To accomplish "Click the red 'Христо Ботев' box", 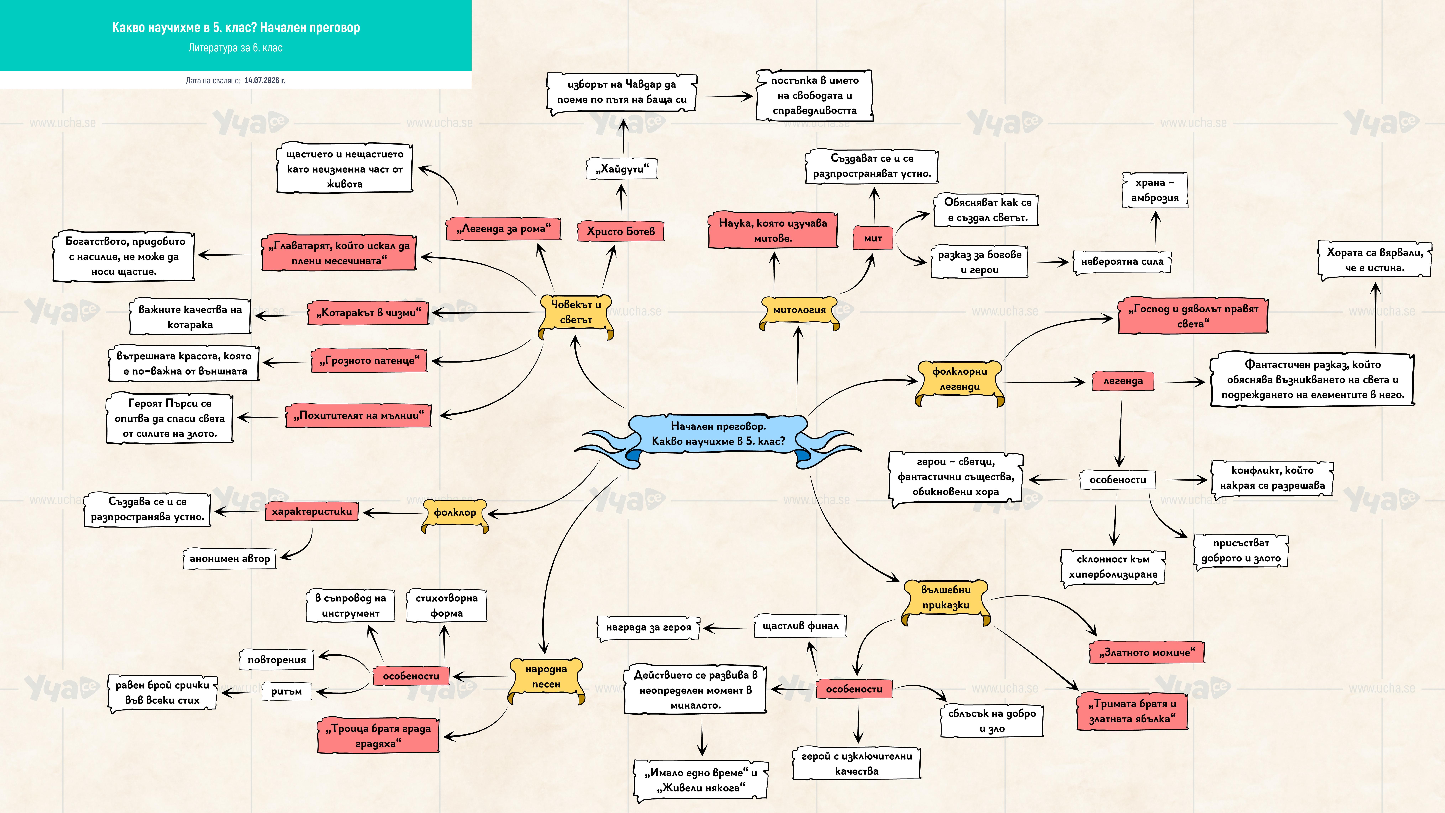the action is click(620, 231).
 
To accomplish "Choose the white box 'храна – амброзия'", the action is click(1154, 190).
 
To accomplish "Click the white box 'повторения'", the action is click(277, 660).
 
